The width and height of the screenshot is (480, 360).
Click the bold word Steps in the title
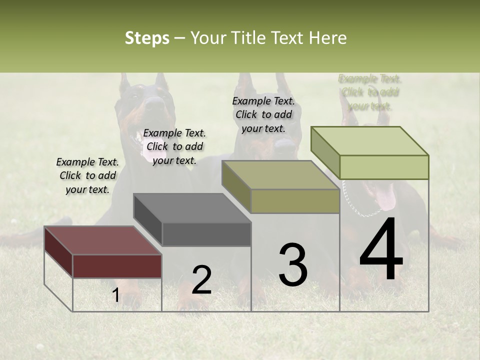pos(147,38)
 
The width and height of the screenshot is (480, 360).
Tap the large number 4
pos(381,250)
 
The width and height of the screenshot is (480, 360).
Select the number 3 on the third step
pos(293,265)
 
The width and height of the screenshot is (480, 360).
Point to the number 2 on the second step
pos(201,280)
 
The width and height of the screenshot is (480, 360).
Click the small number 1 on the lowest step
pos(115,295)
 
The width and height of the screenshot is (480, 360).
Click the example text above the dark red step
pos(87,175)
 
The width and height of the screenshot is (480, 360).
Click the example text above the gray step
pos(174,146)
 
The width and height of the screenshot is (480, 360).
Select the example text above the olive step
pos(263,114)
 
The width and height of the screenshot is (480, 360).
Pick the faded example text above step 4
pos(370,92)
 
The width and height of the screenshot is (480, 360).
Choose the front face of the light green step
pos(384,167)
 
